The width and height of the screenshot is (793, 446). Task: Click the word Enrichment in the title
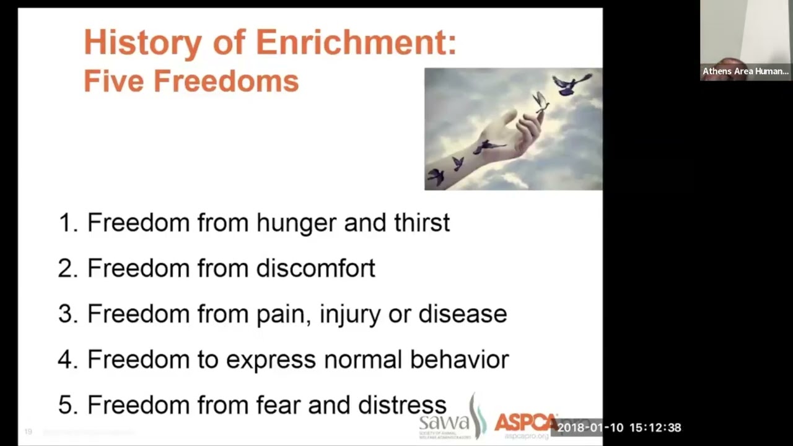(x=355, y=43)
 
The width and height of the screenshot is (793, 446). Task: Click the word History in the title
(x=142, y=43)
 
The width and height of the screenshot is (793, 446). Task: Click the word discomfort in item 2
(x=315, y=268)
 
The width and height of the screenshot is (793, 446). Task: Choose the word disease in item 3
(x=463, y=314)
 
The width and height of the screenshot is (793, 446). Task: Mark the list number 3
(x=66, y=314)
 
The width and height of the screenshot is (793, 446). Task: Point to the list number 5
(x=66, y=405)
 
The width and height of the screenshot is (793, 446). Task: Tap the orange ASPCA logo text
(x=524, y=422)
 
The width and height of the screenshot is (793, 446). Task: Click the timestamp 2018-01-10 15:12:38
(x=619, y=427)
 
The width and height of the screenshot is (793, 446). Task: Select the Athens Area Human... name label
(x=745, y=71)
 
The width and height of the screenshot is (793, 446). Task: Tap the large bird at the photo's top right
(x=570, y=84)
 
